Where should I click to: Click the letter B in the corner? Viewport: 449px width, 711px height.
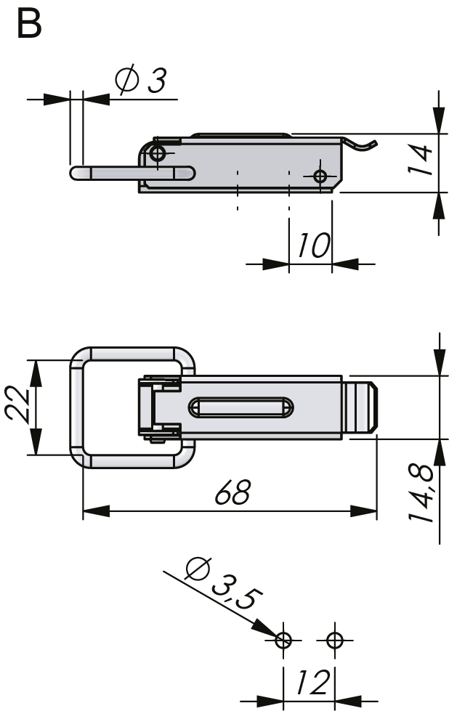click(28, 24)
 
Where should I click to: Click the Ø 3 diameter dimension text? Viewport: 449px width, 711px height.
click(141, 81)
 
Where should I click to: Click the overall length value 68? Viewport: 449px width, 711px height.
click(232, 493)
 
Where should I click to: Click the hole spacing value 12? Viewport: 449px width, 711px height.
click(311, 683)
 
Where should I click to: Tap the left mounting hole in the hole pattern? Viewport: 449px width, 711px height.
click(284, 640)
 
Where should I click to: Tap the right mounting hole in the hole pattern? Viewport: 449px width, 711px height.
click(334, 640)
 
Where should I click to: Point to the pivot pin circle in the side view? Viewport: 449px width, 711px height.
click(158, 153)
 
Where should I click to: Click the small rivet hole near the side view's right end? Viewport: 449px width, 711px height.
click(320, 176)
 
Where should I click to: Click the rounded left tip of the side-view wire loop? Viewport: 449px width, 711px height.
click(75, 173)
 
